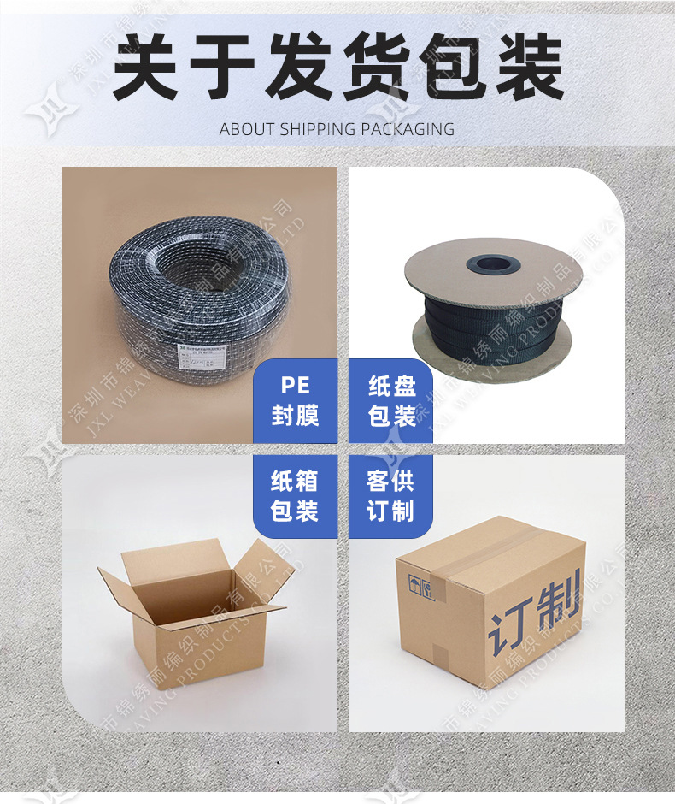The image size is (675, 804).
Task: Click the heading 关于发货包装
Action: pyautogui.click(x=337, y=68)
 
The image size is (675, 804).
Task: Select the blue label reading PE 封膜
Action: pyautogui.click(x=295, y=401)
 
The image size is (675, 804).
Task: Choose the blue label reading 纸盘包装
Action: pyautogui.click(x=391, y=401)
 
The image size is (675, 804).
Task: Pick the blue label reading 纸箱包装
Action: pyautogui.click(x=295, y=496)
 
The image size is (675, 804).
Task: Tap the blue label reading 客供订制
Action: pyautogui.click(x=390, y=496)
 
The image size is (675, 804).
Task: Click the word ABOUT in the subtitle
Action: pyautogui.click(x=247, y=130)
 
